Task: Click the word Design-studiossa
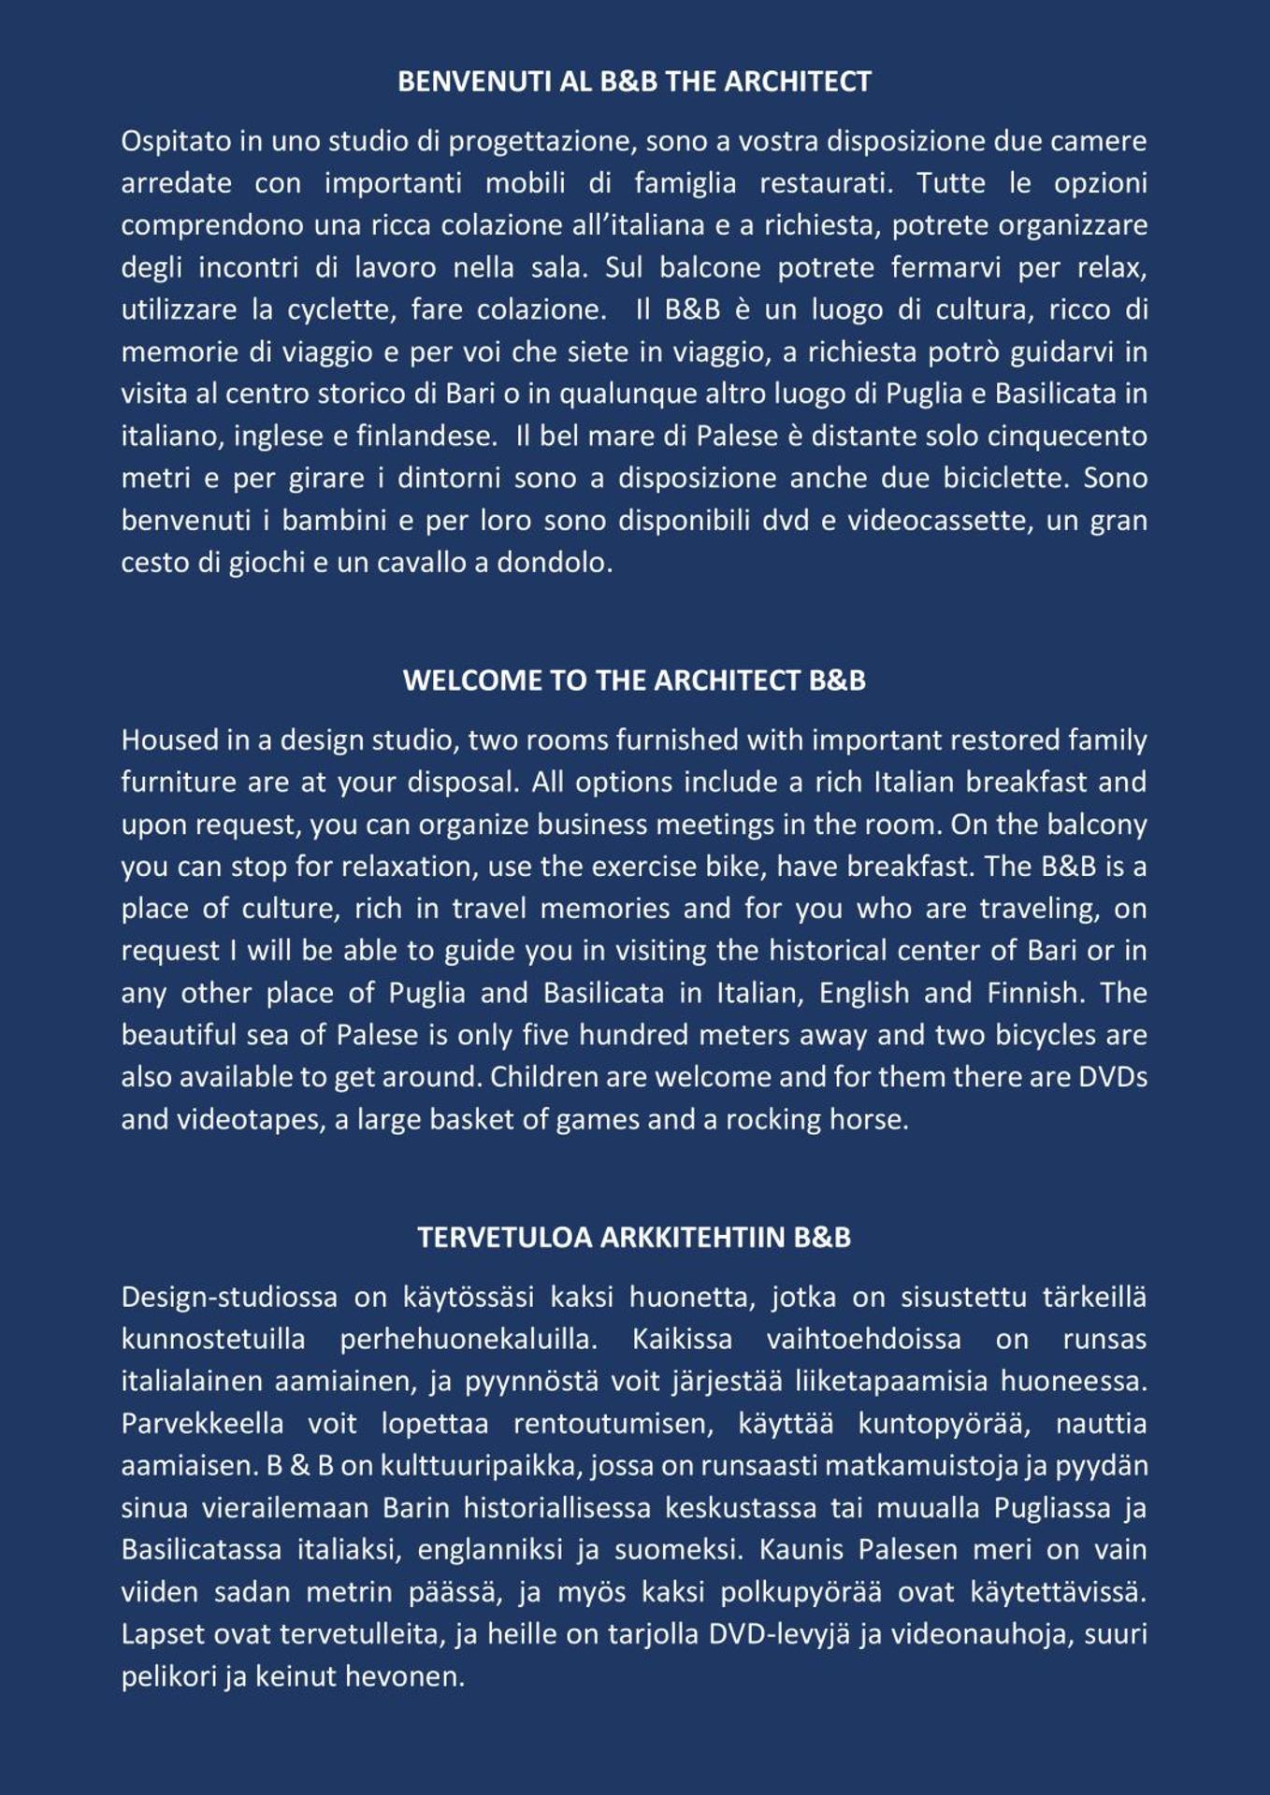coord(229,1297)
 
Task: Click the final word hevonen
coord(404,1676)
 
